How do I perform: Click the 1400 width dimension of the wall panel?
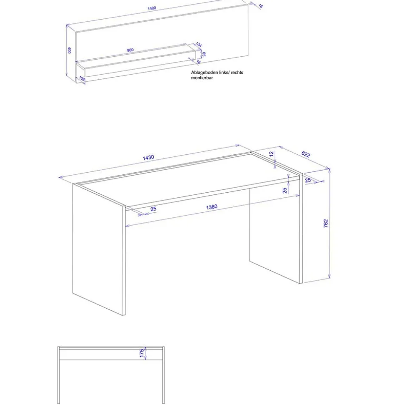(x=151, y=8)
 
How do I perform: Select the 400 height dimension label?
(x=70, y=50)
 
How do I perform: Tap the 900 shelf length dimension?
(x=130, y=50)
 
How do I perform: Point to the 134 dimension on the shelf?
(x=199, y=45)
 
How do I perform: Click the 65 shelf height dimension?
(x=204, y=54)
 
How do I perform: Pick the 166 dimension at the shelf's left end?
(x=82, y=78)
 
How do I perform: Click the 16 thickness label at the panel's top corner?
(x=260, y=6)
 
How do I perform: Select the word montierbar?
(x=202, y=78)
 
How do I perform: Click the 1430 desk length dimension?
(x=148, y=158)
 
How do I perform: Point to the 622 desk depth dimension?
(x=305, y=154)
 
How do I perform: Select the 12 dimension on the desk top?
(x=272, y=154)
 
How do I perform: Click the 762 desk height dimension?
(x=326, y=223)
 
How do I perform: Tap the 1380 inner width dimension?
(x=211, y=207)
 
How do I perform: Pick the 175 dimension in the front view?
(x=142, y=353)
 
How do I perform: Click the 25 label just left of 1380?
(x=153, y=209)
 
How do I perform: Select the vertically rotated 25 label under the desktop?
(x=285, y=190)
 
